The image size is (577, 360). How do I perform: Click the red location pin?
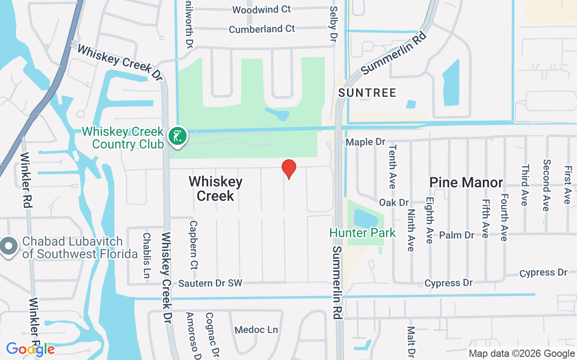coord(288,169)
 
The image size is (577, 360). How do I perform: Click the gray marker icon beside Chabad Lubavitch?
coord(8,246)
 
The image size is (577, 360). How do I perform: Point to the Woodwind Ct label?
coord(261,9)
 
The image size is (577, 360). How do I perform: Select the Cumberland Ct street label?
coord(261,29)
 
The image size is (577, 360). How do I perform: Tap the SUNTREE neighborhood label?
coord(367,93)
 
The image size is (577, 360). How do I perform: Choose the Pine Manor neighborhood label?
coord(466,182)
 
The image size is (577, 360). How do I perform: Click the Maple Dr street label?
coord(366,142)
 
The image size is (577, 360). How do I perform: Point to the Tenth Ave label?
coord(392,166)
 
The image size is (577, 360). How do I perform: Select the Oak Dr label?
coord(394,203)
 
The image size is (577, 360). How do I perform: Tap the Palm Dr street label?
coord(457,235)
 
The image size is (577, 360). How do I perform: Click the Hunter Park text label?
coord(362,233)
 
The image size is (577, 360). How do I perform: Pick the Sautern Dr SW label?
coord(210,283)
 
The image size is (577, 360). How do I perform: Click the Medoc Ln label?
coord(256,330)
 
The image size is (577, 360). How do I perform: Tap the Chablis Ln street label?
coord(146,255)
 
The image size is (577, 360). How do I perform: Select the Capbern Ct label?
coord(194,243)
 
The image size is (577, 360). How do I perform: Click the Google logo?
coord(30,349)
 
